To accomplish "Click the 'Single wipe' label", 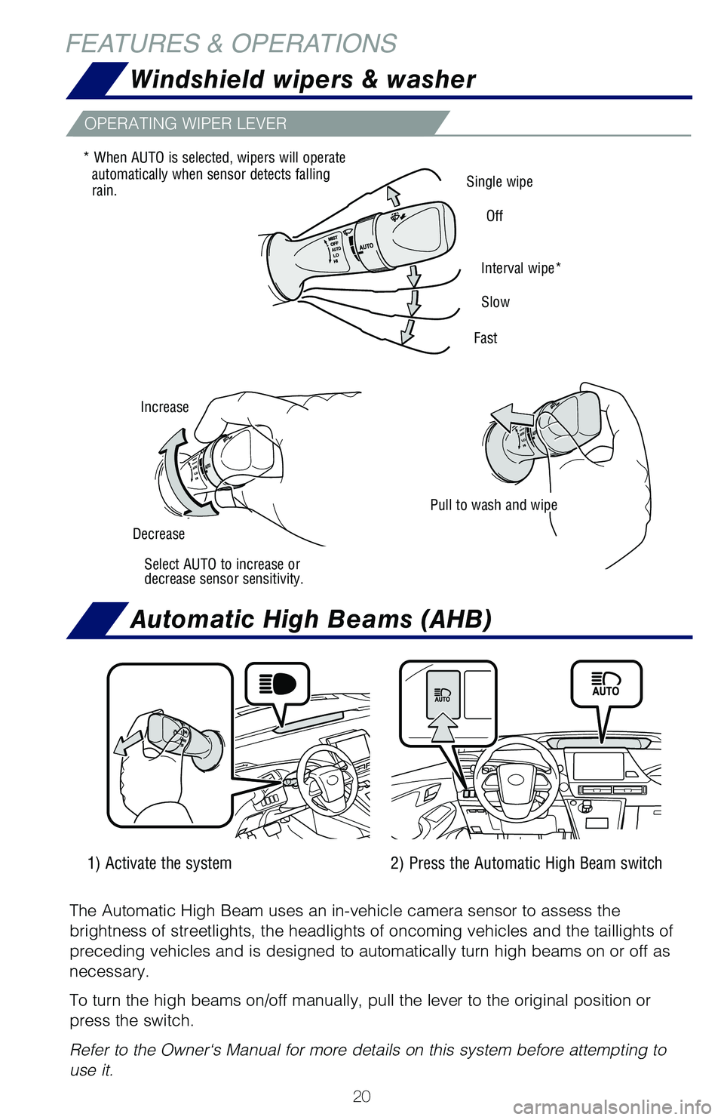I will pos(499,182).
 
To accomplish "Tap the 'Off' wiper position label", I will pos(495,217).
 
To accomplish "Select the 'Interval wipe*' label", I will pos(520,269).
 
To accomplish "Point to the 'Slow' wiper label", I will pos(495,303).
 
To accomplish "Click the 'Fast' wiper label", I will pos(486,338).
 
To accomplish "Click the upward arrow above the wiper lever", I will pos(393,195).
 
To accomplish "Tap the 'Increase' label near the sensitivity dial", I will pos(164,408).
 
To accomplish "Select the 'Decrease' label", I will pos(158,534).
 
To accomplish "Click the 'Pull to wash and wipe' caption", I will pos(493,506).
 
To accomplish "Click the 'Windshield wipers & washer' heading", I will pos(302,80).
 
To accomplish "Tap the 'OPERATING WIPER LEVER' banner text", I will pos(186,124).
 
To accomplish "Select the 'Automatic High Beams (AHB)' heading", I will pos(311,620).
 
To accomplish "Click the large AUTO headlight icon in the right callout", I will pos(606,684).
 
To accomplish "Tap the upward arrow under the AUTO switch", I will pos(443,728).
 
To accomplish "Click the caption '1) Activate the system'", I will pos(160,863).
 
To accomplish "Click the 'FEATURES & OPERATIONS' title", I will pos(231,44).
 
